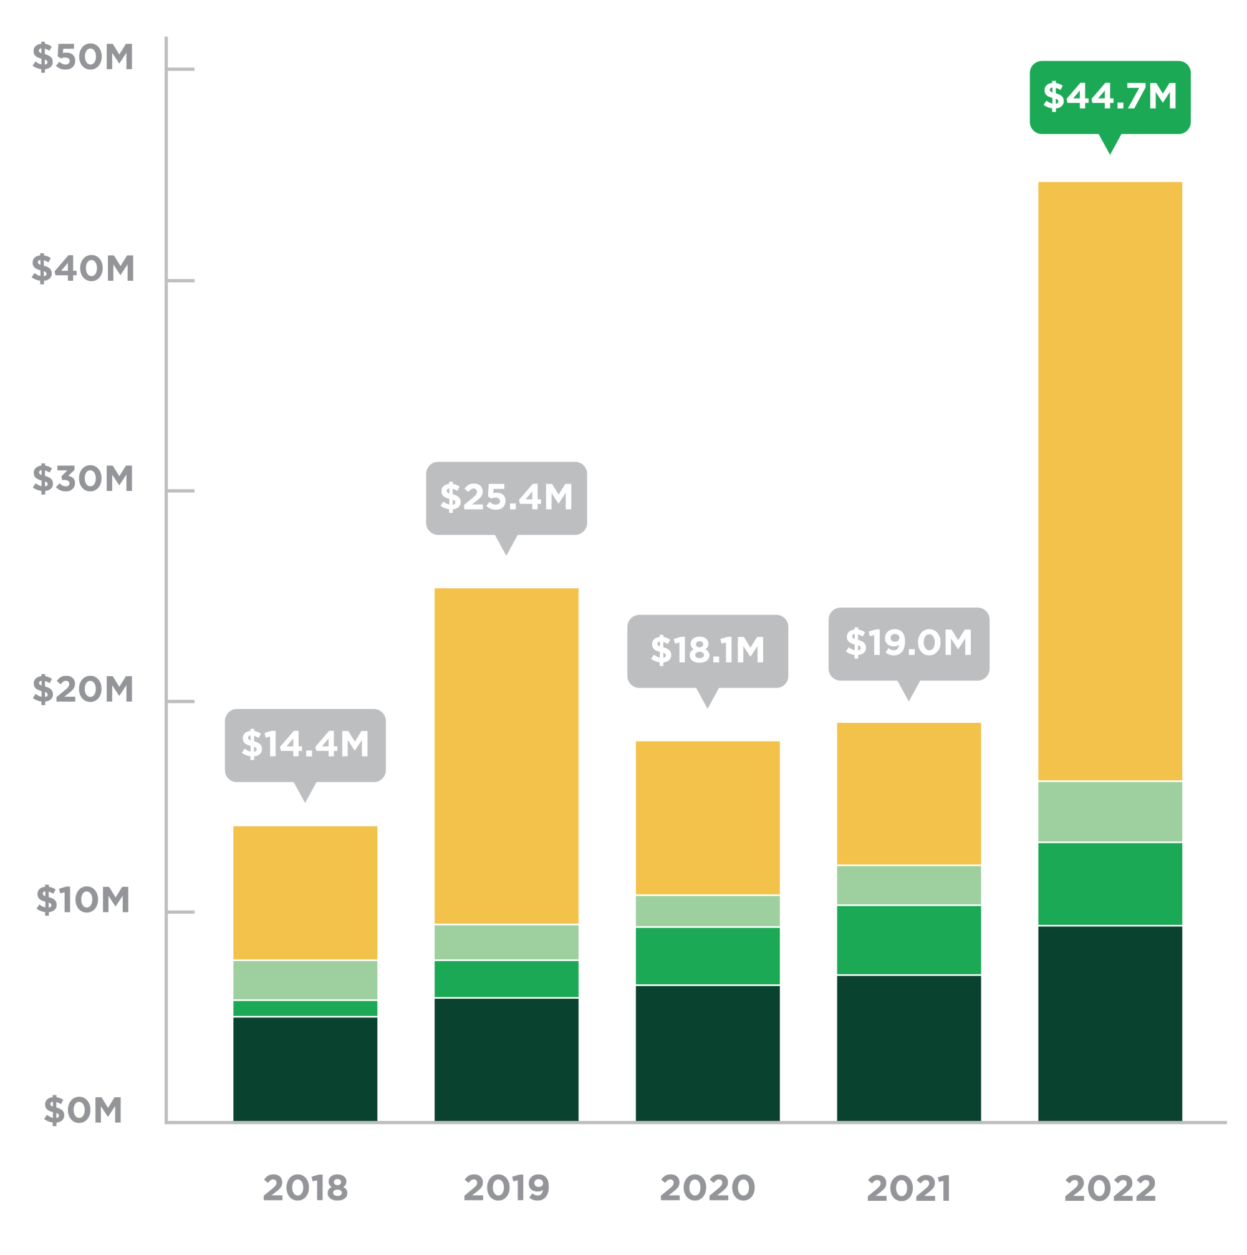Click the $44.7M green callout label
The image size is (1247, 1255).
[x=1109, y=97]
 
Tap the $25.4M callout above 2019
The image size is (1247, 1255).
[x=506, y=498]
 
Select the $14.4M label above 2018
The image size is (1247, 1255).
[x=305, y=745]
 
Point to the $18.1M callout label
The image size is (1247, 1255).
[x=707, y=651]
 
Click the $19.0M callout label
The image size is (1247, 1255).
[x=908, y=644]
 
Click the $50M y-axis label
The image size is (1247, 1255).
[x=83, y=57]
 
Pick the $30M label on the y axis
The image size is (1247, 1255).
[x=83, y=480]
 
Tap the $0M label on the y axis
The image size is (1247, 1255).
[x=83, y=1110]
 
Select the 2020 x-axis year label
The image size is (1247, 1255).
[x=707, y=1188]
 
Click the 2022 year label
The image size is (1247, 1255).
[x=1109, y=1188]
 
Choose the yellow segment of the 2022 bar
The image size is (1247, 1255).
[x=1109, y=481]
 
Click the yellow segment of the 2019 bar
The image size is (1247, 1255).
[x=506, y=755]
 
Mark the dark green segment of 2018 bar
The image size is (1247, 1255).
[x=305, y=1068]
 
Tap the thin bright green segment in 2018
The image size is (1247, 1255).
[x=305, y=1008]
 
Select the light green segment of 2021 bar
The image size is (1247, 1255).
[x=908, y=885]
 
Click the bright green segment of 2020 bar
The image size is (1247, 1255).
[x=707, y=956]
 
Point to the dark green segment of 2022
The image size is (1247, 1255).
[x=1109, y=1023]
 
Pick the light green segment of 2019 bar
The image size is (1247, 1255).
[x=506, y=942]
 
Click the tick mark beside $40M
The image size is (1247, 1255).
[x=181, y=281]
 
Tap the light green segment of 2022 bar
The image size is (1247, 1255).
[x=1109, y=812]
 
